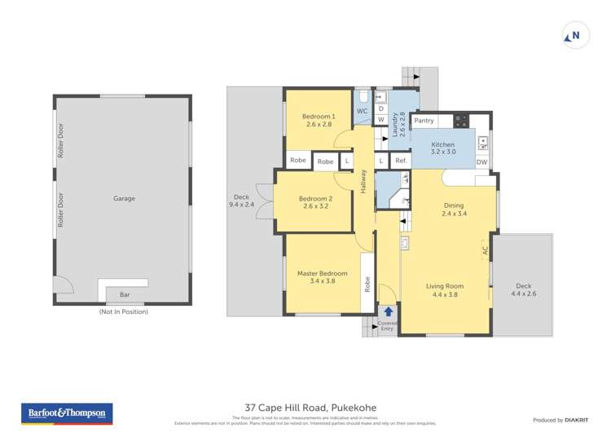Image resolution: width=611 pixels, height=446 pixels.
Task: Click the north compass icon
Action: click(576, 36)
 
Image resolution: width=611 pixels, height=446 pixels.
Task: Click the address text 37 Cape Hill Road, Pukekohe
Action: click(311, 407)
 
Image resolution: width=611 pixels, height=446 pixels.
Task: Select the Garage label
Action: click(124, 198)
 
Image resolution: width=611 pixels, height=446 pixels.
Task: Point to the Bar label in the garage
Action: click(125, 294)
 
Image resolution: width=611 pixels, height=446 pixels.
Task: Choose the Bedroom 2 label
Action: click(315, 202)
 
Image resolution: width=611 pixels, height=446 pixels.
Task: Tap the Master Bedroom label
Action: click(322, 277)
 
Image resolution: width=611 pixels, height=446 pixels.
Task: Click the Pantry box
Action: click(424, 121)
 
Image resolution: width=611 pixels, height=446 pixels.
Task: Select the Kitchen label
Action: click(442, 148)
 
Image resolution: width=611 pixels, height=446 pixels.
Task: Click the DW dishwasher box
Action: click(481, 162)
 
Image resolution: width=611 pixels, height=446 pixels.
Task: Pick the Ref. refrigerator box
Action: click(400, 161)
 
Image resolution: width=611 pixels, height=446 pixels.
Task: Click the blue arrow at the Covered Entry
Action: click(389, 311)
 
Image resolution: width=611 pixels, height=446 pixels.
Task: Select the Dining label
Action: click(454, 210)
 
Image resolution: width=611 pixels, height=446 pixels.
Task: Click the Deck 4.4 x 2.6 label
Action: click(523, 289)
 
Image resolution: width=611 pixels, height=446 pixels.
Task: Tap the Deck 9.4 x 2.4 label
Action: click(242, 201)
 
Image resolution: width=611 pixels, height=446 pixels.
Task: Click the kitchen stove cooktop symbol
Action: click(461, 121)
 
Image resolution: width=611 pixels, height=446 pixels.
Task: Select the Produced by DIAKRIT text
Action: click(560, 420)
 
